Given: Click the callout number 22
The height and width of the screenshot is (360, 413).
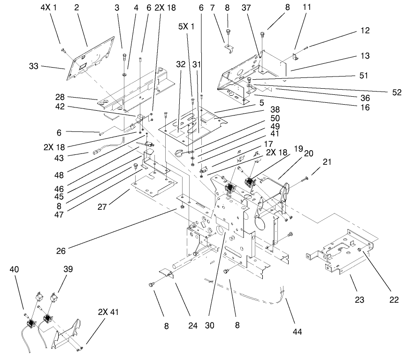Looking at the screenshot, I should pyautogui.click(x=394, y=299).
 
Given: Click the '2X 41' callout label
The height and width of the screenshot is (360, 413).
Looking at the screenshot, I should pyautogui.click(x=109, y=312).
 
